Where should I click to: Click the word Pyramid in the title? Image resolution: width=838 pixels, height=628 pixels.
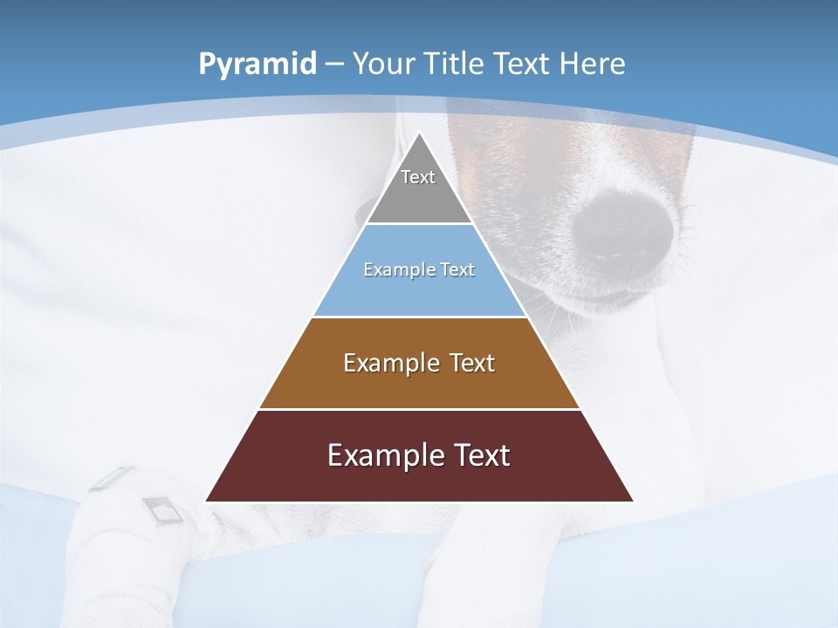tap(257, 65)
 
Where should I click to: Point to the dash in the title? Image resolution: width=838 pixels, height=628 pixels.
tap(334, 65)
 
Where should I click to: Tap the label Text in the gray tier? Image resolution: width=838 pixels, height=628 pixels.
tap(418, 177)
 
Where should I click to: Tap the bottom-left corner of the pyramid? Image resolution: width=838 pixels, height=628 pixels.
tap(206, 501)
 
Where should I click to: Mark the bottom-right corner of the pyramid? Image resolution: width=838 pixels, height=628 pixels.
tap(633, 501)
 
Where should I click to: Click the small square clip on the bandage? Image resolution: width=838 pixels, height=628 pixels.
tap(161, 509)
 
